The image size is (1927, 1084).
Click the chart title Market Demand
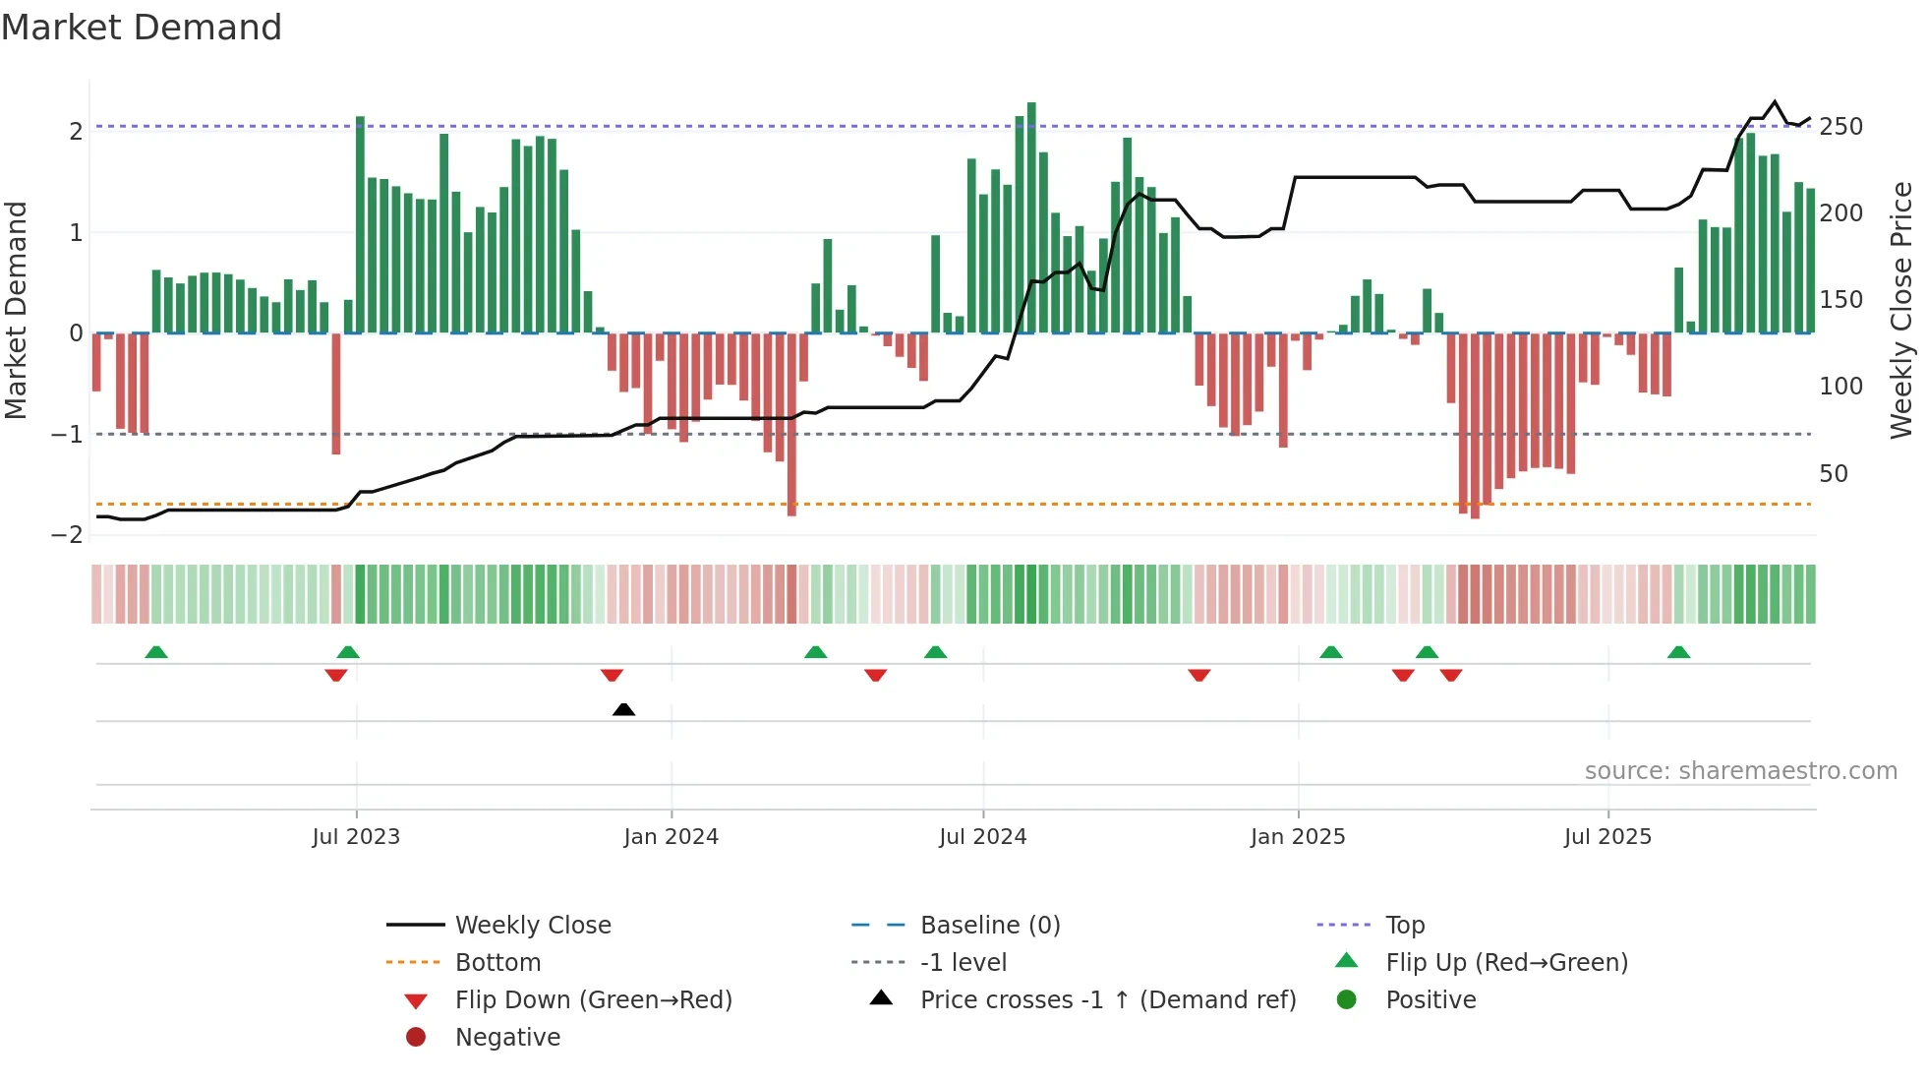[x=142, y=28]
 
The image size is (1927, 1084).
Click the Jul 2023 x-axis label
[x=356, y=837]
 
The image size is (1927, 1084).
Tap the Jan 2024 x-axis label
[x=672, y=837]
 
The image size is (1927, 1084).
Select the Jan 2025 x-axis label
[x=1298, y=837]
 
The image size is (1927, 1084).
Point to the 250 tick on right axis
[x=1840, y=127]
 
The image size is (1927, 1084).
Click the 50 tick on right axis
[x=1834, y=474]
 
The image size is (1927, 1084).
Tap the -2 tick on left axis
[x=68, y=535]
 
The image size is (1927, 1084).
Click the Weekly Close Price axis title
[x=1901, y=310]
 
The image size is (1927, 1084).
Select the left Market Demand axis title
[x=17, y=310]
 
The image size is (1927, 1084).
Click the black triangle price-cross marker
[x=623, y=709]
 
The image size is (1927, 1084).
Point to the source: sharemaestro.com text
[x=1740, y=771]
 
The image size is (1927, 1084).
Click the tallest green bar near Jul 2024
[x=1031, y=216]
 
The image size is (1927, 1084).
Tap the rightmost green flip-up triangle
[x=1678, y=652]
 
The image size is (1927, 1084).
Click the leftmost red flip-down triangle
[x=336, y=675]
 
